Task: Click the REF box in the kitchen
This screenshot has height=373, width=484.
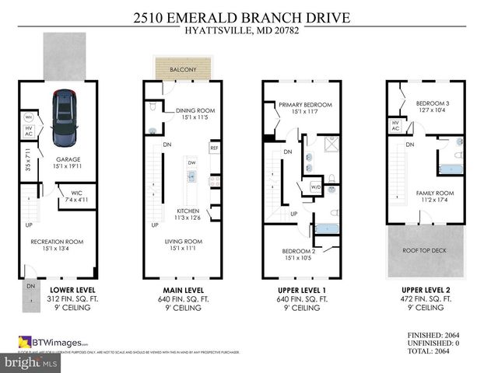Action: [213, 147]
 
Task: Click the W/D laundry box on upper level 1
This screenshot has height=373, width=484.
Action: [316, 186]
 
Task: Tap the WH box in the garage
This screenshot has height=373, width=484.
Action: [29, 118]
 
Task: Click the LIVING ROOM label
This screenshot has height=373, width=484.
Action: [184, 242]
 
